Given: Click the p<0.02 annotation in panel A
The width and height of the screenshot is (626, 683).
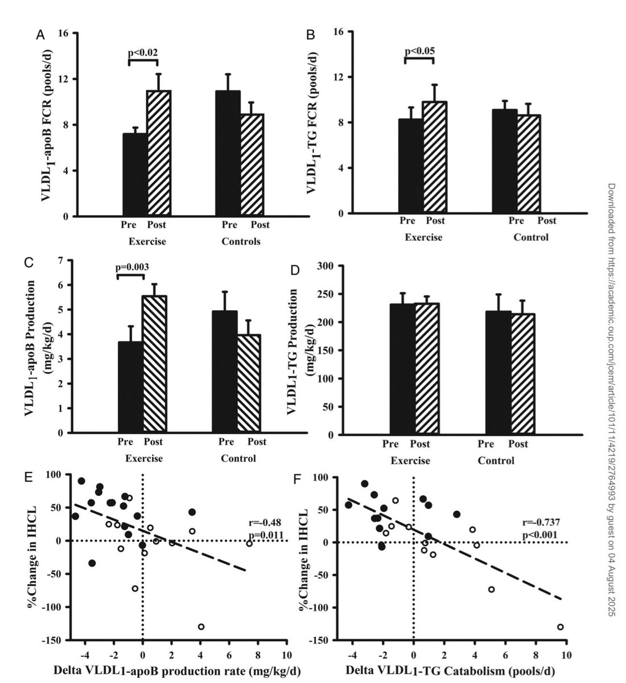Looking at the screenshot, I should click(142, 52).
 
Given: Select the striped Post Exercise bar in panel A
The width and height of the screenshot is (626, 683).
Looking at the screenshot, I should click(159, 154).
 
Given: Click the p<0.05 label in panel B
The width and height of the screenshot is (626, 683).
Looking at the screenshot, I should click(419, 51).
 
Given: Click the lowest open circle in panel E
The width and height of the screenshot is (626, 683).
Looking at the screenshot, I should click(201, 627).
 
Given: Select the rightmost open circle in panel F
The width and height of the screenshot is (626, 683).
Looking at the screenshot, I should click(560, 627).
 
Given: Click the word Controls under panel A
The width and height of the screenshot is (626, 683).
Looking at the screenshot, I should click(241, 241).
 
